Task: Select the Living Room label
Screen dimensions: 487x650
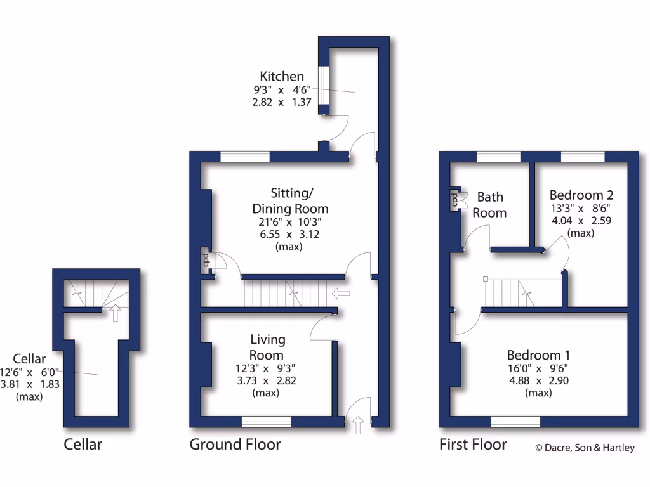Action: point(267,347)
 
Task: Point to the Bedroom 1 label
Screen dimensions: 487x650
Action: point(538,355)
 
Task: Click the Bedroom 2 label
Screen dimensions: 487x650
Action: point(581,195)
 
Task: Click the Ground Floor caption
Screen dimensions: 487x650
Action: point(235,445)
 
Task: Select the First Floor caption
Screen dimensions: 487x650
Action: point(473,445)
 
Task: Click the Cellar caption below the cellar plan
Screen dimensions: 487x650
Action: point(83,445)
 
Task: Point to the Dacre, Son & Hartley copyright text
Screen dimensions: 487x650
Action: point(585,448)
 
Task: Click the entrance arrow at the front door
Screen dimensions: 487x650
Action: point(359,425)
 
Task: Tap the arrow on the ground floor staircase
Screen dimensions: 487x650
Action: point(341,293)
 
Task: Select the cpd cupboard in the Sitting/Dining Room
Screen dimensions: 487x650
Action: point(206,261)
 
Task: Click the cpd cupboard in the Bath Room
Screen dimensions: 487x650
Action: point(456,200)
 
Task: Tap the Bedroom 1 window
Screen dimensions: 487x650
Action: point(515,422)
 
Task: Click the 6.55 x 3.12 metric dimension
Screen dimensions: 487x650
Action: point(288,234)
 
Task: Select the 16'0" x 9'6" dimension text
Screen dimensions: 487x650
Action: point(538,368)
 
